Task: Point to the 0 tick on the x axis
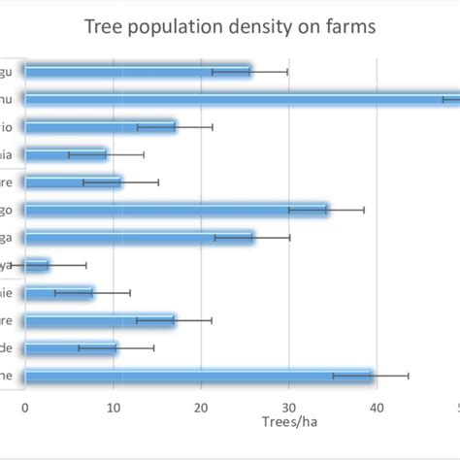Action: tap(25, 409)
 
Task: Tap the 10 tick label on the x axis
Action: tap(114, 409)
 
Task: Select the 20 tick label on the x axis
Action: tap(202, 409)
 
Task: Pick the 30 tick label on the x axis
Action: tap(289, 409)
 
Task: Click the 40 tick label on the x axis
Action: tap(378, 409)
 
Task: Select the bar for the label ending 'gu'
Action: tap(136, 71)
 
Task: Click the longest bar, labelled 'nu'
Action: tap(243, 98)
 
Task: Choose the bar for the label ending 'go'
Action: tap(175, 209)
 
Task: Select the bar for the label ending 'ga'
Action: tap(138, 237)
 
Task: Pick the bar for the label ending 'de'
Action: tap(70, 347)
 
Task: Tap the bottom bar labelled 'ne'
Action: tap(199, 376)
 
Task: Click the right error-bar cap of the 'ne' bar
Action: tap(409, 376)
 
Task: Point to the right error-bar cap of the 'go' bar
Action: tap(364, 209)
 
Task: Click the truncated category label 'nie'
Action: tap(8, 292)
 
